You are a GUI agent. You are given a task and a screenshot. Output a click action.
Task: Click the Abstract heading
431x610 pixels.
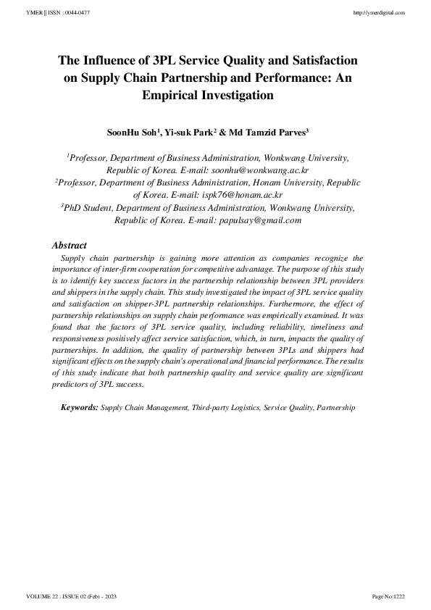(70, 246)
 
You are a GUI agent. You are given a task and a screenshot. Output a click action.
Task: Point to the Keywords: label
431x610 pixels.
(80, 409)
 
